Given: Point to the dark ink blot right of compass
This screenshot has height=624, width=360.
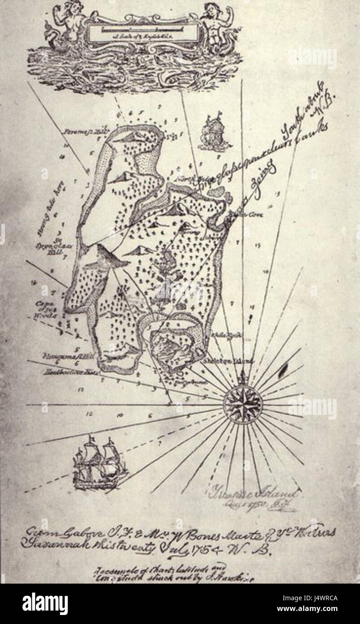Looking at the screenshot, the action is [283, 369].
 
